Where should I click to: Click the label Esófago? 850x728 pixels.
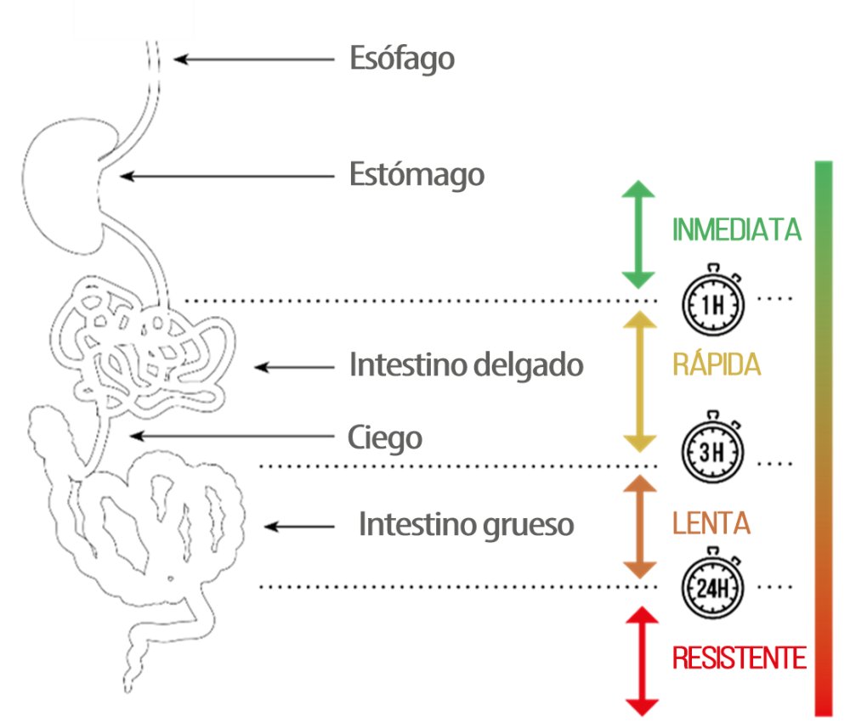[x=402, y=59]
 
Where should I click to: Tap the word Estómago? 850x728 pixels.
[x=417, y=175]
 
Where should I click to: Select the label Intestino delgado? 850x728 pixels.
[x=467, y=365]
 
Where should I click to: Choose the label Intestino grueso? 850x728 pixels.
[x=466, y=524]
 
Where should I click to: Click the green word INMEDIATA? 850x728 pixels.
[x=737, y=230]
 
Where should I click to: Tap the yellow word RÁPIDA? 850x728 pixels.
[x=716, y=365]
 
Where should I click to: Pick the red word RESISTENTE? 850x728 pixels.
[x=739, y=657]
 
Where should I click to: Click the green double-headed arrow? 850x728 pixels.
[x=638, y=234]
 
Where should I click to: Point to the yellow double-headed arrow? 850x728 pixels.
[x=638, y=381]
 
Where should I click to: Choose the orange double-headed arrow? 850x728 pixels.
[x=638, y=528]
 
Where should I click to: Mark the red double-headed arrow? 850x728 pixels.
[x=641, y=661]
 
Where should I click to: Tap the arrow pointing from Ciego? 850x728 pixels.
[x=229, y=436]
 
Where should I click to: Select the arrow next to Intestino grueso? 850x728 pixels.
[x=300, y=526]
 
